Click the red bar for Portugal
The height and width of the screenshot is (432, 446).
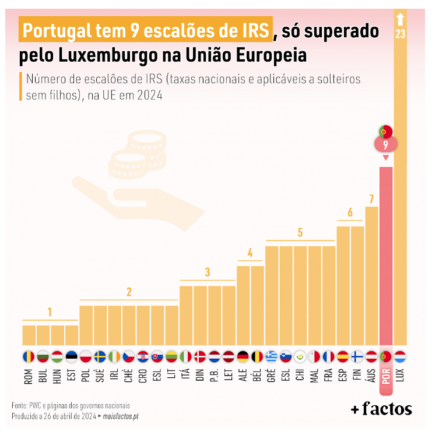[386, 256]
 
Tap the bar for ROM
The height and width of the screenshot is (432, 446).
[29, 335]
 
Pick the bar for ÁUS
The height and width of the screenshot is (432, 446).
[371, 276]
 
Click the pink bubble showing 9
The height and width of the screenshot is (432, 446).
[386, 144]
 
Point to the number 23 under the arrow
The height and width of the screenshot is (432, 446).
[400, 34]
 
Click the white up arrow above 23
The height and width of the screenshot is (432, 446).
[400, 19]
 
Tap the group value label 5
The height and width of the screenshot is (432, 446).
[300, 233]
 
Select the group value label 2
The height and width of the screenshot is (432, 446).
[129, 292]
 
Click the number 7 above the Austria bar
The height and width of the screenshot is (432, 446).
[371, 199]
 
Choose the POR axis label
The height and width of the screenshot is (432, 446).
[386, 377]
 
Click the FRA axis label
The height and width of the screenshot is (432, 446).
[329, 375]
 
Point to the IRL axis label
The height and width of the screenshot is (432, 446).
[114, 374]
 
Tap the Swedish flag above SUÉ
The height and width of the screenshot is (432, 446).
[100, 357]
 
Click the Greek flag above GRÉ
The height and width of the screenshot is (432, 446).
[271, 357]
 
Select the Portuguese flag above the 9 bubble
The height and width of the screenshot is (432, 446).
[386, 132]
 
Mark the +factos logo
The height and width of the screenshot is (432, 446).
[381, 409]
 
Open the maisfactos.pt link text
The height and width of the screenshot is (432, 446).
[121, 416]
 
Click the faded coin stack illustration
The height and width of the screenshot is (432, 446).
[138, 154]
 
